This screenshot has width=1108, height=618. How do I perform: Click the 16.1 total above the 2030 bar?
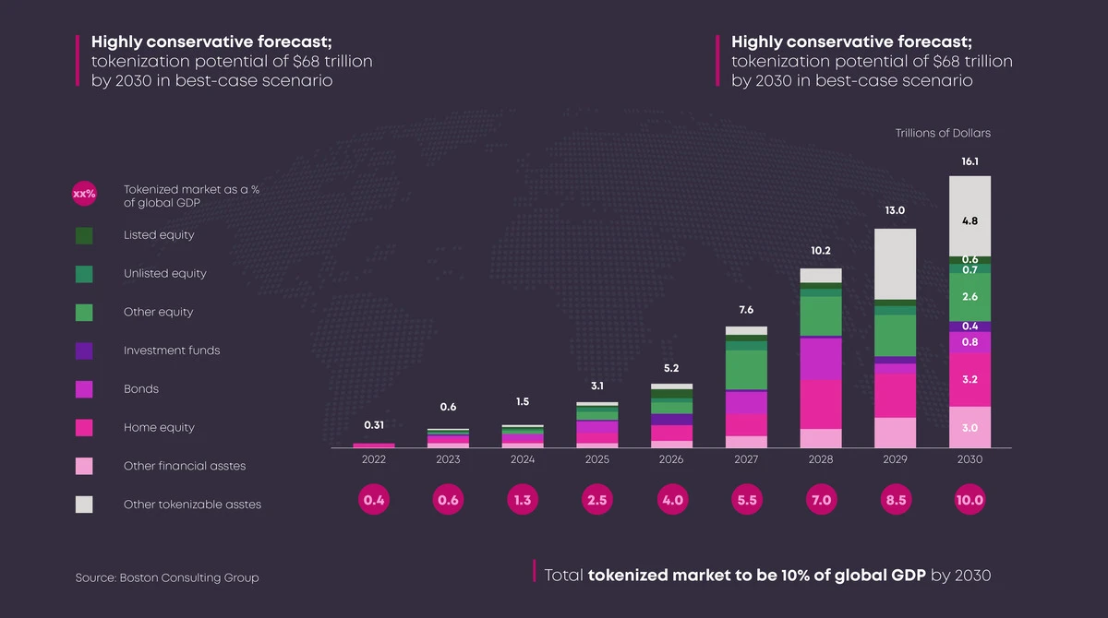(x=969, y=160)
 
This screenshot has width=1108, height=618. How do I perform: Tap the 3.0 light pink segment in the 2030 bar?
(x=969, y=428)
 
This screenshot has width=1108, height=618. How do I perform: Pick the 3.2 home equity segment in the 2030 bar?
(x=969, y=379)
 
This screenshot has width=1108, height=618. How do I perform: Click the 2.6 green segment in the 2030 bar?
(x=969, y=297)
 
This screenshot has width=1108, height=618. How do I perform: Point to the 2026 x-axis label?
(x=671, y=459)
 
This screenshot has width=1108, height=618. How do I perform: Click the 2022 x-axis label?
(x=374, y=459)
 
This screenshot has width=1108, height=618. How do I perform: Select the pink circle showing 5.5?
(x=746, y=500)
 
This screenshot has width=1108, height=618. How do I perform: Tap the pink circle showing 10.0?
(x=969, y=500)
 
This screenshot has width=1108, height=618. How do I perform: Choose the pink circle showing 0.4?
(x=374, y=500)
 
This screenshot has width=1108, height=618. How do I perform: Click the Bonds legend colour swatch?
(x=84, y=389)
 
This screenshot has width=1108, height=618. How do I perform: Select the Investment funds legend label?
(x=172, y=351)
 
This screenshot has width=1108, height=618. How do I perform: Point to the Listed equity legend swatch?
(x=84, y=235)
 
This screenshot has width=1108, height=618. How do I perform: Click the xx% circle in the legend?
(x=84, y=194)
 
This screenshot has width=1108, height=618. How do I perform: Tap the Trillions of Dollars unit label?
(x=943, y=133)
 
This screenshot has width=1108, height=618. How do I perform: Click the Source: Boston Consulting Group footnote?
(x=167, y=577)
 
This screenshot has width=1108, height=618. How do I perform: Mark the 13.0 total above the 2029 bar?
(x=895, y=210)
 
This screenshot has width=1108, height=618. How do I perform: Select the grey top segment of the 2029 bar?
(x=895, y=264)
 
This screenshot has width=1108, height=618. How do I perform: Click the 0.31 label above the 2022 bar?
(x=374, y=425)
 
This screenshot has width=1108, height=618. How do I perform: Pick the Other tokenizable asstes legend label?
(x=192, y=505)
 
